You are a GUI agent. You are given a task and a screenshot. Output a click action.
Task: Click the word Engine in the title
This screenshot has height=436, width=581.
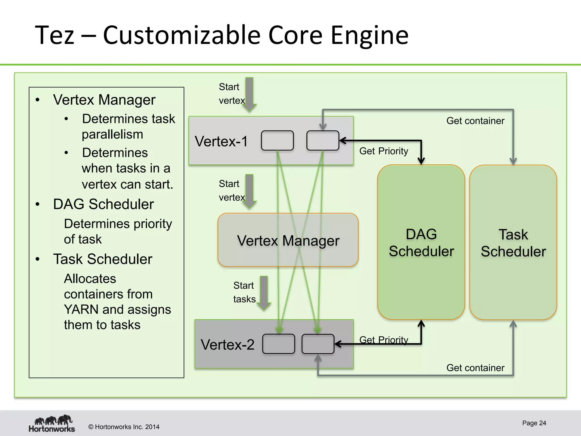coord(369,35)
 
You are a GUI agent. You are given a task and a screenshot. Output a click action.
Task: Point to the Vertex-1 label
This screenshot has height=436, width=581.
coord(221,141)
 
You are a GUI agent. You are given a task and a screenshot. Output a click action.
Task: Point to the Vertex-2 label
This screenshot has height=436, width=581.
coord(227,345)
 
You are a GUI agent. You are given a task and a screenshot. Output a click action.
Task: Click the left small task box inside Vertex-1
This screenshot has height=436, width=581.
coord(277,141)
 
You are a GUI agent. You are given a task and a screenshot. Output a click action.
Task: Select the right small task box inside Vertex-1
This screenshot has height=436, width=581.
coord(323,141)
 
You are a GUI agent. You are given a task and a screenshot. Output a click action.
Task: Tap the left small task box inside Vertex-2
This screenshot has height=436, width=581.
coord(279,344)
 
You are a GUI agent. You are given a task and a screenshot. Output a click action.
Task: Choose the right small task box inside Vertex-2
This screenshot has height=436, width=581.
coord(318,344)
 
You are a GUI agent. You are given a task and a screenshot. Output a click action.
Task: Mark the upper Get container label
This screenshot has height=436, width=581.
coord(475,121)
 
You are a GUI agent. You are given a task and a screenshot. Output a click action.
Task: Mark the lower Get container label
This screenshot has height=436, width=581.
coord(475,368)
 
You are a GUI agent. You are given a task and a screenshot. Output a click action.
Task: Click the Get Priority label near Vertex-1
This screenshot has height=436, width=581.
coord(384,151)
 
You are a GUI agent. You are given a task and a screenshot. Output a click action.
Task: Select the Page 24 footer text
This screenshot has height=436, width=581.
coord(534,423)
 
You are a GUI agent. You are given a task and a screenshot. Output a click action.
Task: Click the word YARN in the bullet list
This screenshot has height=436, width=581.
coord(81,309)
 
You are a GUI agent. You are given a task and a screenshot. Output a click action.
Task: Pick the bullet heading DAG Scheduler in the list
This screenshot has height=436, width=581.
coord(103,204)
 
